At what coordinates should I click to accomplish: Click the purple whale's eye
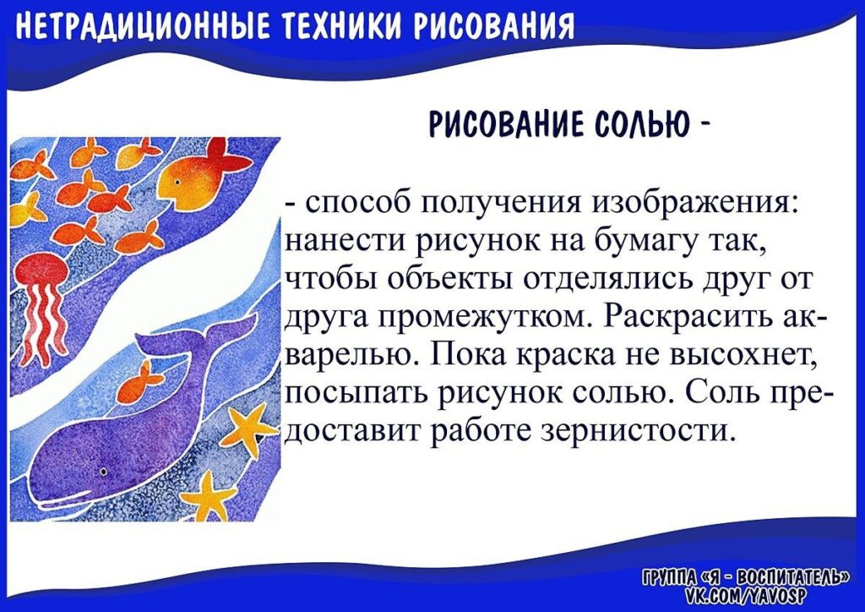click(x=103, y=473)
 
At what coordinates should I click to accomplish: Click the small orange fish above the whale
click(x=141, y=378)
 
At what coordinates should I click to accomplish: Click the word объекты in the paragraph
click(x=452, y=280)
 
